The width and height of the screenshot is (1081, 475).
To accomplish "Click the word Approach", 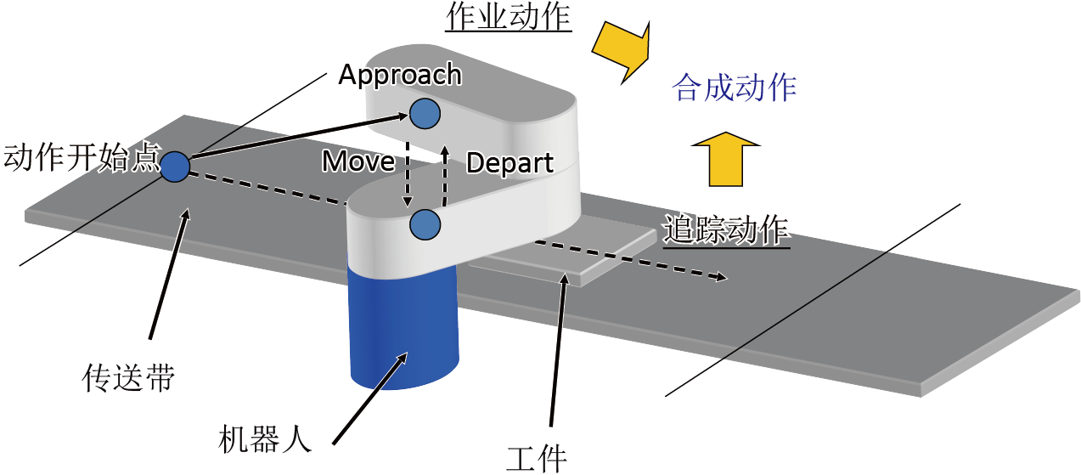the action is pos(400,76).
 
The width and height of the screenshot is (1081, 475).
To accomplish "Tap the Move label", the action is pos(358,161).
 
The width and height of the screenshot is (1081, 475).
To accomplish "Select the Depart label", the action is pos(510,163).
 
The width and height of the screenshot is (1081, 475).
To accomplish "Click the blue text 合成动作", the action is pos(734,88).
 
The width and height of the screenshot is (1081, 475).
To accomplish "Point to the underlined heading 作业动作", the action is pos(508,17).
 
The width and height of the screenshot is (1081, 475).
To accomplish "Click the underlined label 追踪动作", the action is pos(726,231).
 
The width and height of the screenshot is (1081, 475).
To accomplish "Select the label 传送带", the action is pos(128,377).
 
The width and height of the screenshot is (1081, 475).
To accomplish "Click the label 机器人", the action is pos(265,439).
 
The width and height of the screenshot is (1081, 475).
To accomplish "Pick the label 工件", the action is pos(537,459).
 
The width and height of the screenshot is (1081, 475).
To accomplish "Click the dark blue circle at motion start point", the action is pos(175,167).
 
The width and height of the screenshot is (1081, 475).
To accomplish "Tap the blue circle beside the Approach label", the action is pos(425,114).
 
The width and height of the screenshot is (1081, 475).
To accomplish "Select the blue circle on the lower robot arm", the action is pos(425,224).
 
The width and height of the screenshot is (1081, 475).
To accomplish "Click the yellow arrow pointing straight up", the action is pos(726,159).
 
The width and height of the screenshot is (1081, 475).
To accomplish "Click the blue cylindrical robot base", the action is pos(403,328).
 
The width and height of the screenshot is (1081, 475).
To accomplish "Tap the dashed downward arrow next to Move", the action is pos(408,174).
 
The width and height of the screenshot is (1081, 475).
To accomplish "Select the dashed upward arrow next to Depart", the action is pos(445,175).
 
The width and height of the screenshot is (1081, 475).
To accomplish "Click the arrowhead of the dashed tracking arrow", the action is pos(722,277).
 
